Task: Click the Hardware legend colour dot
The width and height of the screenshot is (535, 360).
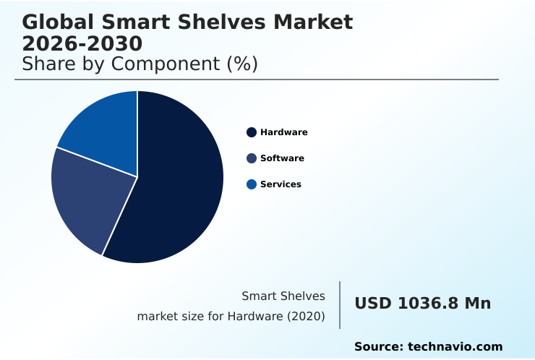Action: coord(252,132)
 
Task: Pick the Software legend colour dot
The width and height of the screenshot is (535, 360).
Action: coord(252,158)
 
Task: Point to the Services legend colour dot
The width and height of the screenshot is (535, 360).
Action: coord(252,184)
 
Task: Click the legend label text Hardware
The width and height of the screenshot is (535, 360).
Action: coord(284,132)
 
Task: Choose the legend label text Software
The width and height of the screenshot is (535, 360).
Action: coord(282,158)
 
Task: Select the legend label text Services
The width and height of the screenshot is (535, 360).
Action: coord(281,184)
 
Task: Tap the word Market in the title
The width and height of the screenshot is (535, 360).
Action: coord(314,22)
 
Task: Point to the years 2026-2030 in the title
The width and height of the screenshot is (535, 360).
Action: coord(82,43)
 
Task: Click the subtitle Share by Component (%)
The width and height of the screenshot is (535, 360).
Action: coord(140,64)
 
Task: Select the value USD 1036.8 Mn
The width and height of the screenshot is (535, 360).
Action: coord(422,304)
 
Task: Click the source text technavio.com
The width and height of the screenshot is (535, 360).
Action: coord(455,347)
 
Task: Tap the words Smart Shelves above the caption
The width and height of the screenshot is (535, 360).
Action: coord(283,296)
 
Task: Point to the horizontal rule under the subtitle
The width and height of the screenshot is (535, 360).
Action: coord(257,80)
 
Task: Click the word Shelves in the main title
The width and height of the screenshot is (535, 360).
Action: coord(224,22)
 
